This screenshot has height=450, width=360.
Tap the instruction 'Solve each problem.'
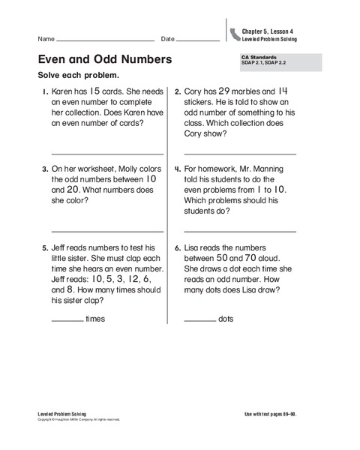77,76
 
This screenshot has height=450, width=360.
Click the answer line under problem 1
106,153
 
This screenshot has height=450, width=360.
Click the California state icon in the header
237,33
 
